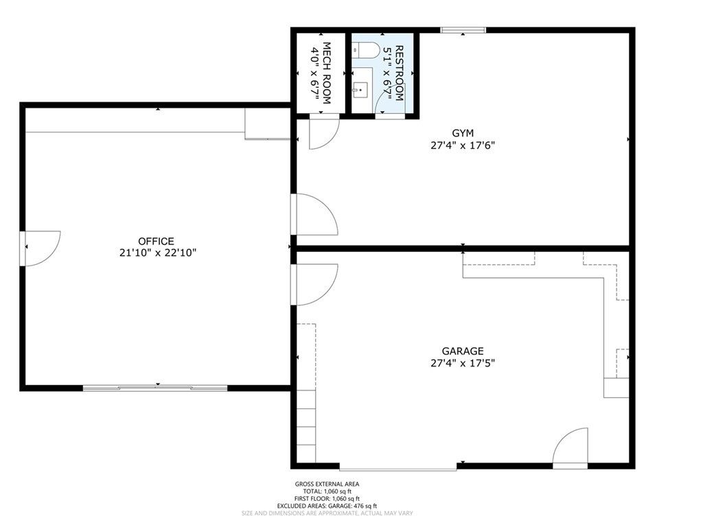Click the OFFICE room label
pos(156,241)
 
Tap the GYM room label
pos(463,132)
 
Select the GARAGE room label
pos(463,351)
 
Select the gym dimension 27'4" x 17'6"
pos(463,145)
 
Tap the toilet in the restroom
pos(365,49)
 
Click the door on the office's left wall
pos(41,247)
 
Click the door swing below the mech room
pos(323,132)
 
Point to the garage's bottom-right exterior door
pos(571,448)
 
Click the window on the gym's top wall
pos(463,30)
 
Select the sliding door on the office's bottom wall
pos(155,388)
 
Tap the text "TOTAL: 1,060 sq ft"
pos(327,491)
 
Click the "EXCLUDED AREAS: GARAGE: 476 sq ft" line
pos(327,506)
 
